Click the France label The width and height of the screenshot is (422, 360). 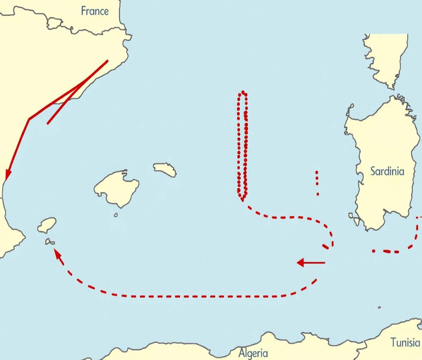94,11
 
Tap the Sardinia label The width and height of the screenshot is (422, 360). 387,171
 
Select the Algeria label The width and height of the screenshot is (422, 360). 253,353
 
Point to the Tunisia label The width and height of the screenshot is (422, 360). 405,343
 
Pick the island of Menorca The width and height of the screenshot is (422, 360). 165,169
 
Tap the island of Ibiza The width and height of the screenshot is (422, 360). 47,225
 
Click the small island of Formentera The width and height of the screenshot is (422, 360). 50,242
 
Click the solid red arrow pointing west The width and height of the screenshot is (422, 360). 311,262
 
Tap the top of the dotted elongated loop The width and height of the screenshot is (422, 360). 243,92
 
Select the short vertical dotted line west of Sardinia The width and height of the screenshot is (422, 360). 317,182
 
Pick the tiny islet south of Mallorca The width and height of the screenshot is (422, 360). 116,215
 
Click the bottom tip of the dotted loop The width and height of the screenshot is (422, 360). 242,199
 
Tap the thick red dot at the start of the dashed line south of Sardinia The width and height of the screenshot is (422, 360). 373,251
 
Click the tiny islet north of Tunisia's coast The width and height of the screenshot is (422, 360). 379,307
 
